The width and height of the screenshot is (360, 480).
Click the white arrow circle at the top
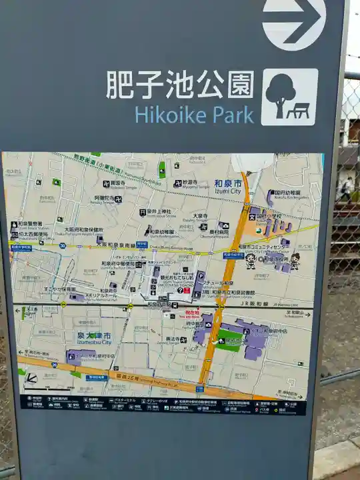click(294, 21)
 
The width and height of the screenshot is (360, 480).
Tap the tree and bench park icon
click(289, 97)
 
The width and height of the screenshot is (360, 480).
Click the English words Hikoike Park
click(194, 114)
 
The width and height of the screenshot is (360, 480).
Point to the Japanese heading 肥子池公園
click(180, 85)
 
